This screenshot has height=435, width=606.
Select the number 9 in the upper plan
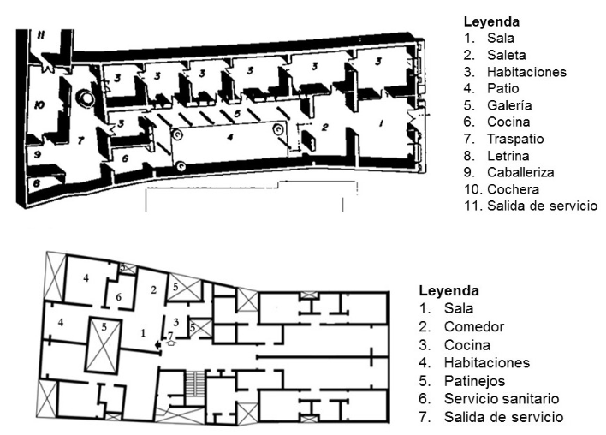[x=37, y=154]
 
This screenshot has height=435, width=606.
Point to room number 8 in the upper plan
[x=37, y=182]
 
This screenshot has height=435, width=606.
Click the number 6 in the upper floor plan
[x=125, y=158]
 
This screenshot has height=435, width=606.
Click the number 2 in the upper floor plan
[x=325, y=127]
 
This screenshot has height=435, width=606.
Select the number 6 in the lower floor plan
[x=120, y=296]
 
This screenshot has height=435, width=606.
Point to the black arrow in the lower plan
[x=157, y=345]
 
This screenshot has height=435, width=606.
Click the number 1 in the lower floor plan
[x=143, y=331]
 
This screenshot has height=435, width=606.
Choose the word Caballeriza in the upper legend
[x=521, y=172]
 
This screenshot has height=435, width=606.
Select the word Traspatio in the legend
[x=515, y=139]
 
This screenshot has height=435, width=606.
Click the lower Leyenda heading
[x=448, y=290]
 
